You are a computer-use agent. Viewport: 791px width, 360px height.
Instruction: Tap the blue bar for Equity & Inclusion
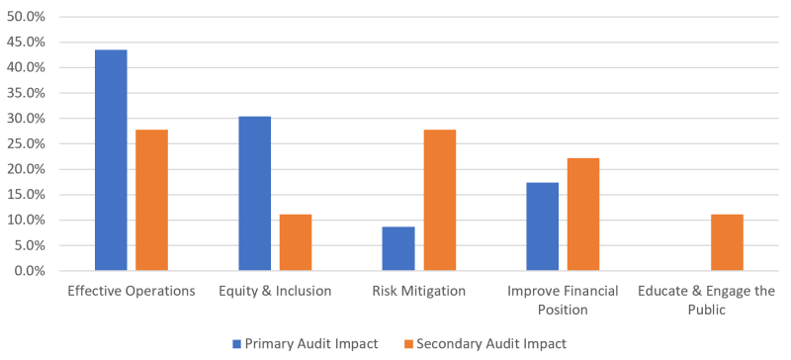(254, 193)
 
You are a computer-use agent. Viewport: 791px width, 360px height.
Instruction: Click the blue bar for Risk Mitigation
(398, 248)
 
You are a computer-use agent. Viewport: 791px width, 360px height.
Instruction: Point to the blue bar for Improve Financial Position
(542, 226)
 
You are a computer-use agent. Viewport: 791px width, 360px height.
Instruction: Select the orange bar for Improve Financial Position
(583, 214)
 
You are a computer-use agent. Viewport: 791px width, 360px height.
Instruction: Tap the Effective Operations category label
(131, 291)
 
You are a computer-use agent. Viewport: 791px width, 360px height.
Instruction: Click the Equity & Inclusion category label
(275, 291)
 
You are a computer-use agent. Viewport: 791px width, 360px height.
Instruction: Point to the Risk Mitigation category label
(418, 291)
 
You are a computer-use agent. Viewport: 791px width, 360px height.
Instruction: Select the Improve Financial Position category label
(563, 300)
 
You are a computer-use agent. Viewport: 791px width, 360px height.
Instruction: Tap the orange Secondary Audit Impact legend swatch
(405, 343)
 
